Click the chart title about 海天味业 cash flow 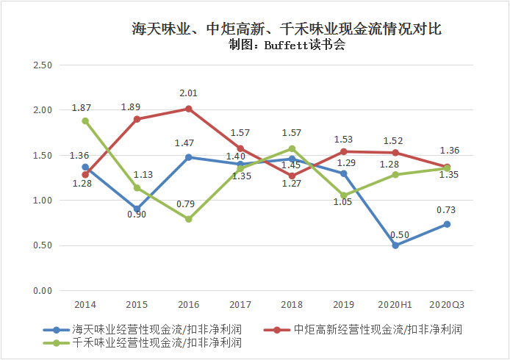(287, 29)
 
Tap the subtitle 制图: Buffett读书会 (287, 45)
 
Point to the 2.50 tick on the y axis (43, 65)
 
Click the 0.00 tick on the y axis (43, 291)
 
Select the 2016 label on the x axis (189, 303)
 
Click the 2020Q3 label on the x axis (447, 303)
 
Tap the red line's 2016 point (189, 109)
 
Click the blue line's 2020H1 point (395, 245)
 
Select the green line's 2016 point (189, 219)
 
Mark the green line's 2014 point (85, 121)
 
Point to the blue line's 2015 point (137, 209)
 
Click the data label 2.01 (189, 93)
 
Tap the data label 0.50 (400, 234)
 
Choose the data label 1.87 (82, 108)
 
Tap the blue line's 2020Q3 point (447, 224)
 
